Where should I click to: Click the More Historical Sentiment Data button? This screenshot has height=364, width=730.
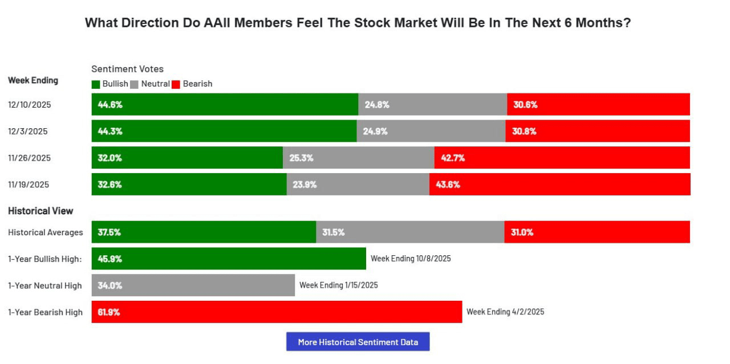358,342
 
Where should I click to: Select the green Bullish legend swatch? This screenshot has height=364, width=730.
96,84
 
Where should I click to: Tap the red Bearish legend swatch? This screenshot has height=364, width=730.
176,84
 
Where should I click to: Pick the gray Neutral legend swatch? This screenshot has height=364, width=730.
135,84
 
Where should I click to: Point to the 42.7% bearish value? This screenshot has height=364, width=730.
453,158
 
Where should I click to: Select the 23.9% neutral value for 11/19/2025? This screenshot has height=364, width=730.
305,185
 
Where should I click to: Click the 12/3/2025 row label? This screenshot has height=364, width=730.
28,131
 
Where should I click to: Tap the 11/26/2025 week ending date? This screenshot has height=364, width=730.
29,158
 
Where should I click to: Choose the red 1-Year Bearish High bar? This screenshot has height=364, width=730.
277,312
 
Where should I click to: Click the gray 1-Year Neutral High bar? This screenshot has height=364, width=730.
193,285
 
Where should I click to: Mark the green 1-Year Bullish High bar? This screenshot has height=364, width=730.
229,259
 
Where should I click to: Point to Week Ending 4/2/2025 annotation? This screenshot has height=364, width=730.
505,312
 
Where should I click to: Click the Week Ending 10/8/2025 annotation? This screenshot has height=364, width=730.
411,259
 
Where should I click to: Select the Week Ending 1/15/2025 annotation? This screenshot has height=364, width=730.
339,285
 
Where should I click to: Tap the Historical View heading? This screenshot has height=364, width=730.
40,211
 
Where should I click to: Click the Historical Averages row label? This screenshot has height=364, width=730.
46,232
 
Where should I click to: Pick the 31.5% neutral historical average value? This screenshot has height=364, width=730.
334,232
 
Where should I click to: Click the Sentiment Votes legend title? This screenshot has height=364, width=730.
127,69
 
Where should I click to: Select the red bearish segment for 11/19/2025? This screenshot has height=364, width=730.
559,185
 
